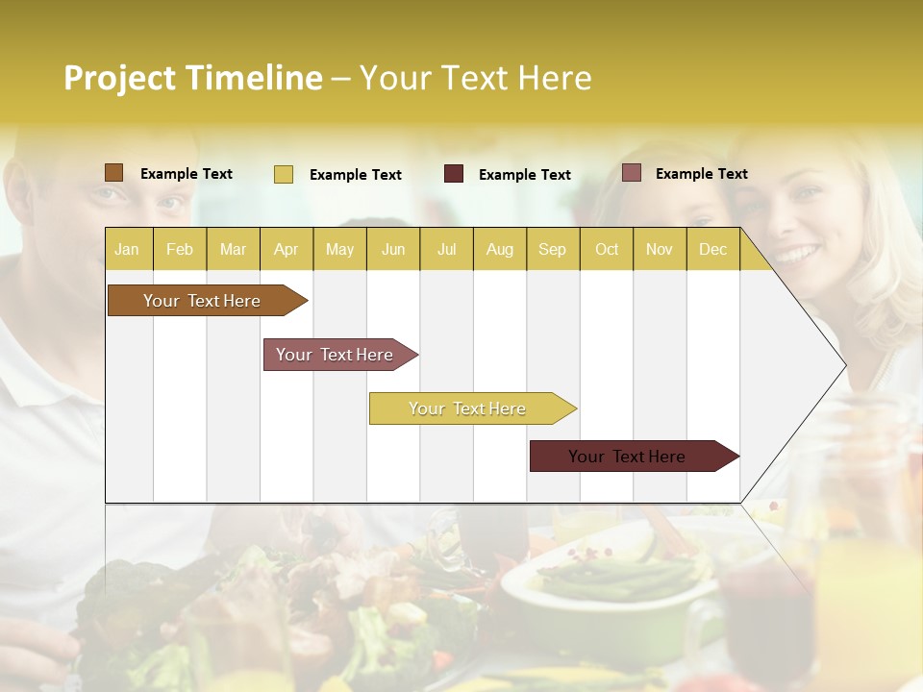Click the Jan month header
tap(127, 249)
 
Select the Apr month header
tap(286, 249)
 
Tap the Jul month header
tap(446, 249)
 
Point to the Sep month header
tap(552, 249)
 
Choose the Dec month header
tap(712, 249)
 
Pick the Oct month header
tap(607, 249)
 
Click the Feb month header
tap(180, 249)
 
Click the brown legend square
tap(113, 173)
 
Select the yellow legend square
tap(283, 174)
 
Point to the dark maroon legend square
tap(454, 174)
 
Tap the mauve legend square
tap(631, 173)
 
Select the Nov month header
tap(660, 249)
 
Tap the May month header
tap(339, 249)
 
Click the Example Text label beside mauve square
tap(701, 173)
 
